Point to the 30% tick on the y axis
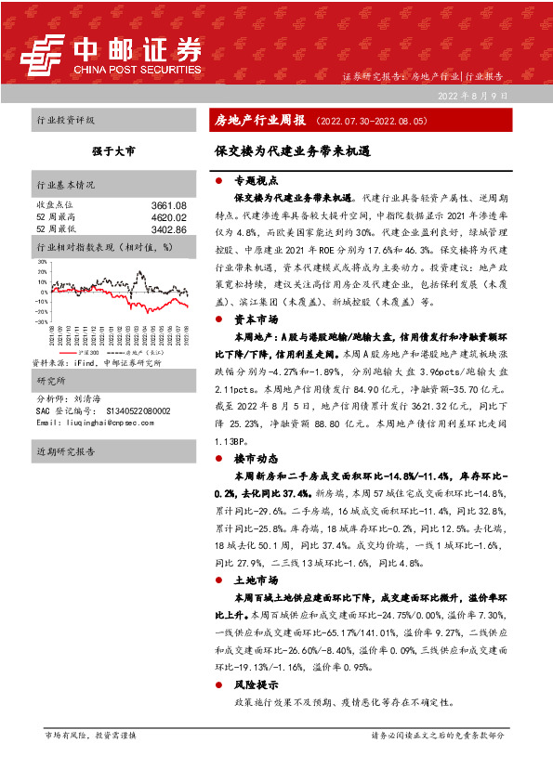tap(42, 262)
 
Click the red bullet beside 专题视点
tap(219, 181)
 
